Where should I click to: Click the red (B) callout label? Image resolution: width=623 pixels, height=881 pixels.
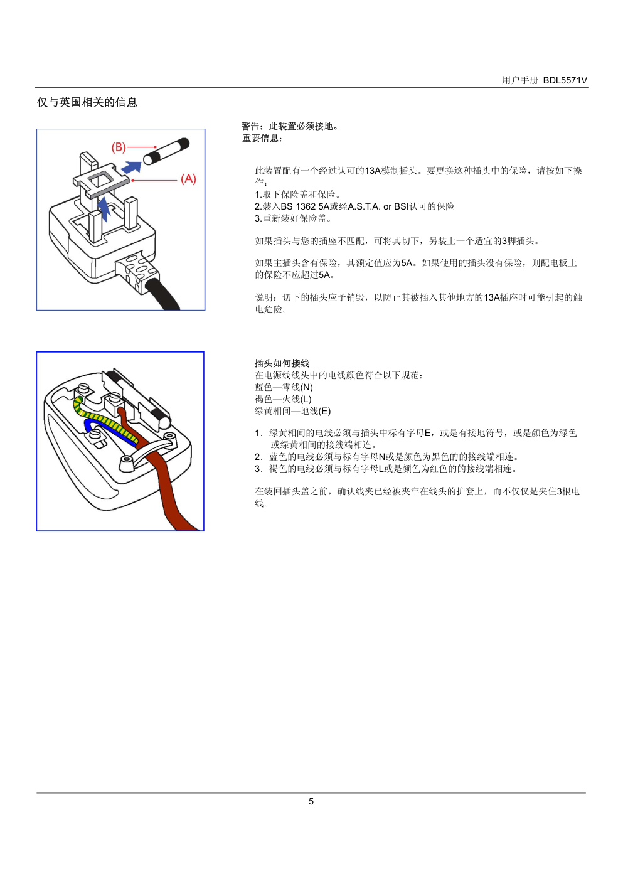(x=119, y=147)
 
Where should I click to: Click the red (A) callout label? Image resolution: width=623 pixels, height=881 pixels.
(x=188, y=179)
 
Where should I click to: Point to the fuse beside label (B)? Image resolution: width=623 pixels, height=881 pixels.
(x=166, y=151)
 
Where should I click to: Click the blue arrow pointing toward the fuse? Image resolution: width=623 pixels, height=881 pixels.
(x=131, y=168)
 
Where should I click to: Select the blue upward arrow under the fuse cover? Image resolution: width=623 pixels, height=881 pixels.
(x=104, y=208)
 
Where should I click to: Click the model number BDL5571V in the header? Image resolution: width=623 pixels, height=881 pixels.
(x=565, y=80)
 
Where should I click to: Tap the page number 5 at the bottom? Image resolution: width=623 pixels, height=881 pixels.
(x=311, y=801)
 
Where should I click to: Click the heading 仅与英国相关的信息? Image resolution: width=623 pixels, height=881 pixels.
(x=87, y=102)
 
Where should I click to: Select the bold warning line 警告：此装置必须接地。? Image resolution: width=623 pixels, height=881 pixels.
(x=290, y=126)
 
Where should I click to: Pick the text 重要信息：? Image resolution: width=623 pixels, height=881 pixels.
(x=262, y=138)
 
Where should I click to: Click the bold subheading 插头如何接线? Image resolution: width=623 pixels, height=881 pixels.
(x=282, y=363)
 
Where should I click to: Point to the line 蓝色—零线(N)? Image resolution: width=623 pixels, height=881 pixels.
(x=284, y=387)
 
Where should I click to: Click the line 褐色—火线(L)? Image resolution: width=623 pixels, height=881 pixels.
(x=283, y=399)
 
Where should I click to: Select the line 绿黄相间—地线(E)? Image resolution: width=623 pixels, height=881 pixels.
(x=292, y=411)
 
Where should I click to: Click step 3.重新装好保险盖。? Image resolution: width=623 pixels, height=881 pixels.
(x=294, y=218)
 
